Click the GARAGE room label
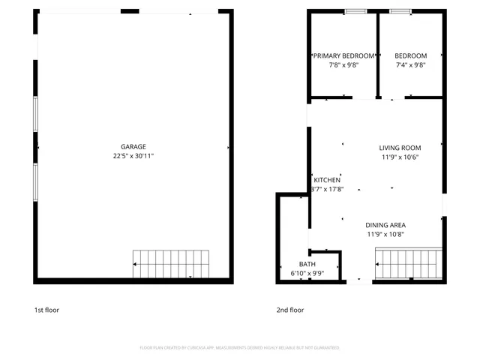click(x=133, y=147)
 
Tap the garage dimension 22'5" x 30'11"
click(x=133, y=156)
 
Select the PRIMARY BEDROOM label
click(x=343, y=56)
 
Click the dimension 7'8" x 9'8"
click(x=343, y=65)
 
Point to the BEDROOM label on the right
click(x=410, y=56)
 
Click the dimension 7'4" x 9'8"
click(x=410, y=65)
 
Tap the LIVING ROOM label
click(x=400, y=148)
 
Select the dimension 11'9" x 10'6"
click(x=400, y=157)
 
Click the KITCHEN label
click(x=327, y=180)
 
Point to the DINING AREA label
click(x=385, y=225)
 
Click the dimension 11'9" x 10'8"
click(x=385, y=234)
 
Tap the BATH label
click(x=307, y=264)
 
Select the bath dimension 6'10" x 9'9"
click(x=307, y=274)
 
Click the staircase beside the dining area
click(x=406, y=263)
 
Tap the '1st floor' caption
click(x=46, y=310)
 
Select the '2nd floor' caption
click(x=290, y=310)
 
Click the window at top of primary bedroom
click(x=355, y=11)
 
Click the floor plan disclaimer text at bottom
click(x=239, y=348)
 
